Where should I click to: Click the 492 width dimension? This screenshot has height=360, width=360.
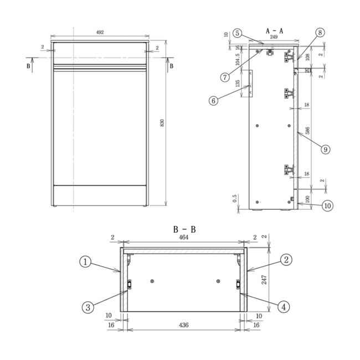pos(100,33)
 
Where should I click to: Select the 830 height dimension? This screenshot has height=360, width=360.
pos(162,123)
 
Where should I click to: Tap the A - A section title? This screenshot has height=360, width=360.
pos(274,31)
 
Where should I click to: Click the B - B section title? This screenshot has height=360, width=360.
pos(184,229)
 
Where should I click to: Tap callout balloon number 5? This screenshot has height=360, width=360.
pos(237,33)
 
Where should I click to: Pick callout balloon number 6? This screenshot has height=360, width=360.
pos(214,101)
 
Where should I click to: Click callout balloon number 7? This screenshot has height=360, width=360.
pos(225,77)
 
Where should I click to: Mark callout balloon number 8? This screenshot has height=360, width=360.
pos(320,33)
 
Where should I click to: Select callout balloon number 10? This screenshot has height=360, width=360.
pos(327,205)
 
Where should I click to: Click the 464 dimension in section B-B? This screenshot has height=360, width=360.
pos(183,237)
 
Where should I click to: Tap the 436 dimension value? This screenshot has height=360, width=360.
pos(183,325)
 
